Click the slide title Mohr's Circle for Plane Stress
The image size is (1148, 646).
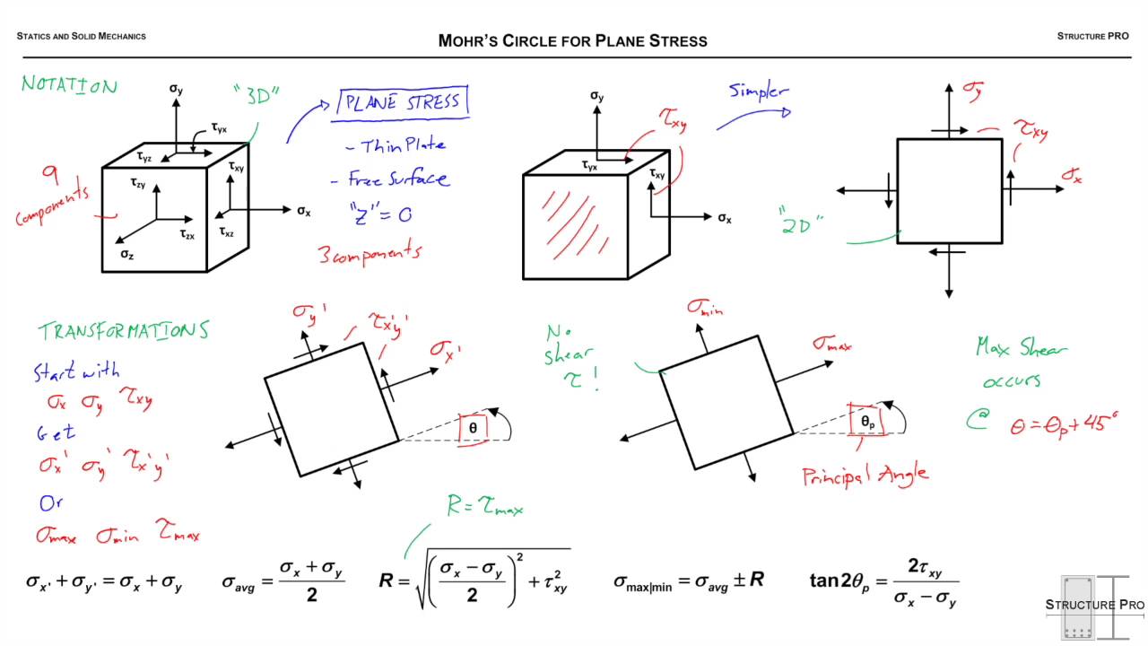tap(572, 40)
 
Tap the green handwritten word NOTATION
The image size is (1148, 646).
tap(69, 85)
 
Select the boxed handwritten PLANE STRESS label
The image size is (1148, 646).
tap(402, 102)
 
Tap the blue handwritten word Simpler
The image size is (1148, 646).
tap(758, 91)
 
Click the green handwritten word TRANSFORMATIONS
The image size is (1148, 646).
tap(123, 330)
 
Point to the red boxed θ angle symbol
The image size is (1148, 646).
tap(473, 429)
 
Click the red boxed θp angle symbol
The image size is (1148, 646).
tap(866, 420)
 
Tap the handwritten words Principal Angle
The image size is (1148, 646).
tap(865, 475)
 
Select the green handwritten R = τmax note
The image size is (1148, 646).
tap(484, 508)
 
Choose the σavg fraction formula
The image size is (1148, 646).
tap(283, 581)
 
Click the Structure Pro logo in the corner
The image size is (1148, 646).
tap(1094, 607)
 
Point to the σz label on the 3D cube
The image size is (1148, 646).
tap(128, 254)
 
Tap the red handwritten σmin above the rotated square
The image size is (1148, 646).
tap(705, 308)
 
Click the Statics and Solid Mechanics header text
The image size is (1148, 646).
tap(81, 37)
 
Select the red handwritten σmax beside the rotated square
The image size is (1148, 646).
tap(831, 343)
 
